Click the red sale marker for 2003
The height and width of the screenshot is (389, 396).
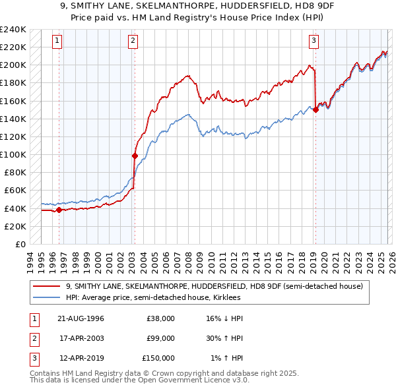[135, 156]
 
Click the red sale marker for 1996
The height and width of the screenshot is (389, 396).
[59, 210]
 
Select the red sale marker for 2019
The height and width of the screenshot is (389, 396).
[315, 110]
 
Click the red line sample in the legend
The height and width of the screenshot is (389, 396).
[48, 286]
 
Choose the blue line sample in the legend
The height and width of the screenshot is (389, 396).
[48, 297]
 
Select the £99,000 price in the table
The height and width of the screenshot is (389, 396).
[160, 338]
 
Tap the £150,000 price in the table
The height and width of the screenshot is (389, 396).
[158, 358]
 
